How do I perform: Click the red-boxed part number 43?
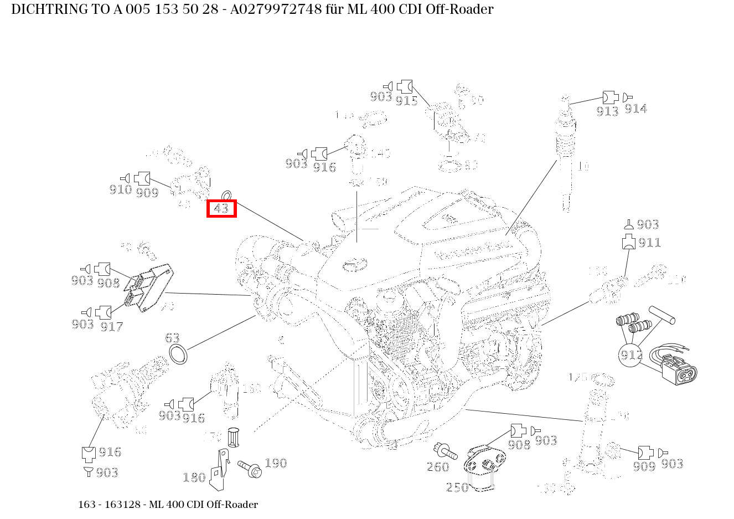tap(221, 208)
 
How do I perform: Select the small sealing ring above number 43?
tap(227, 195)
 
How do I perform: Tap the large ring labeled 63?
tap(178, 354)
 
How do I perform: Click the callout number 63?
tap(172, 338)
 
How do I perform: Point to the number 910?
tap(120, 190)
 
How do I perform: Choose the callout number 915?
tap(406, 101)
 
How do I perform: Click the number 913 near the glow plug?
tap(607, 111)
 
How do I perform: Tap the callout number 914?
tap(635, 109)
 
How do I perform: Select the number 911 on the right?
tap(649, 243)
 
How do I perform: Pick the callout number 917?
tap(111, 327)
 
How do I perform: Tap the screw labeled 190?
tap(250, 468)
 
